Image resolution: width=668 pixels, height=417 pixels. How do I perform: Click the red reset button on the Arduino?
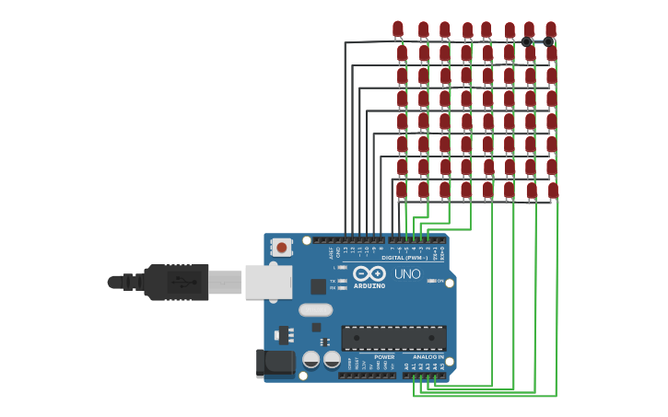point(281,247)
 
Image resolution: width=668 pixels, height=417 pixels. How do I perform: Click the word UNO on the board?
point(407,274)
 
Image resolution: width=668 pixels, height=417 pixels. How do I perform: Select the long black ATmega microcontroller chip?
point(393,338)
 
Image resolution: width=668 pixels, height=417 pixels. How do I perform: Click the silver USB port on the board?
point(268,282)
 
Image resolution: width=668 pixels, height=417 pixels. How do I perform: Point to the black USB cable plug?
point(175,282)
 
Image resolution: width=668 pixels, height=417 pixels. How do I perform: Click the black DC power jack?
point(275,364)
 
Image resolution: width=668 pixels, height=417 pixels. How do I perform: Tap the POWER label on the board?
point(384,356)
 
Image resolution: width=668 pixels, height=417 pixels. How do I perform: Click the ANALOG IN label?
point(428,356)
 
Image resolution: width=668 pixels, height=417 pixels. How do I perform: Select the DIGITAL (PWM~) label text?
point(404,258)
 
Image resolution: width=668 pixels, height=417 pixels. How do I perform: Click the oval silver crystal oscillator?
point(315,310)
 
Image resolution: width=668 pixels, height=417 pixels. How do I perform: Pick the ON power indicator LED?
point(431,281)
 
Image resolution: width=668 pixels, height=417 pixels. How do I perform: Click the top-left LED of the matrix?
point(398,29)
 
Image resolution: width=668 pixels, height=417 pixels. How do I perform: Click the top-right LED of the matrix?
point(550,29)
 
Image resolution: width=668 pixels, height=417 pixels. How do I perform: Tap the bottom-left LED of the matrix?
point(401,190)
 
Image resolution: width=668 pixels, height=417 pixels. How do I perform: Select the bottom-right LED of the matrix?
point(553,191)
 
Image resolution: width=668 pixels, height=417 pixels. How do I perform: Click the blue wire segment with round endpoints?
point(538,41)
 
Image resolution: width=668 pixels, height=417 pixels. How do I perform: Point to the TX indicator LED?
point(342,281)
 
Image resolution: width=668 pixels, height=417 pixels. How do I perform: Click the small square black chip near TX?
point(318,286)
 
